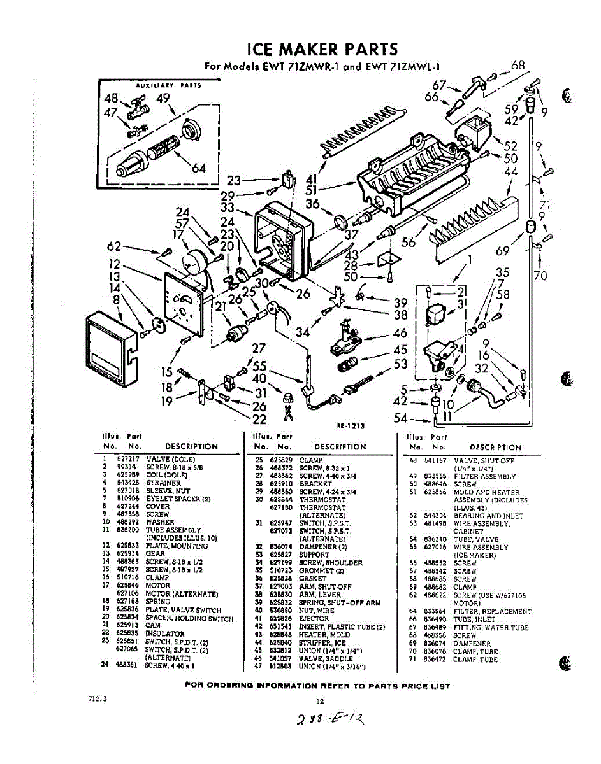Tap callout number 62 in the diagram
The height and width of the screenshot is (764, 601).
(x=115, y=246)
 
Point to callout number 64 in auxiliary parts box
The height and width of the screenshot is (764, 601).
(x=199, y=168)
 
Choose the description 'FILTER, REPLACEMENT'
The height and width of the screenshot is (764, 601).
(x=492, y=611)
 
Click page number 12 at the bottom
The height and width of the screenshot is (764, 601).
(x=321, y=701)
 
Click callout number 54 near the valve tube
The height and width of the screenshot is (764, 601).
(x=401, y=418)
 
